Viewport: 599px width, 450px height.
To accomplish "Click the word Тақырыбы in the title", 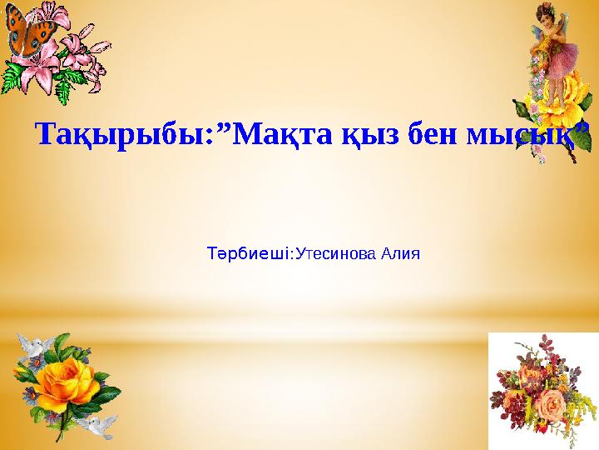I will tap(116, 134).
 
